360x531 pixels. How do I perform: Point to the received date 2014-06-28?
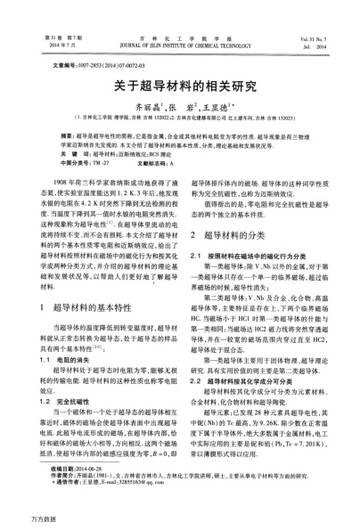pos(78,467)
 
